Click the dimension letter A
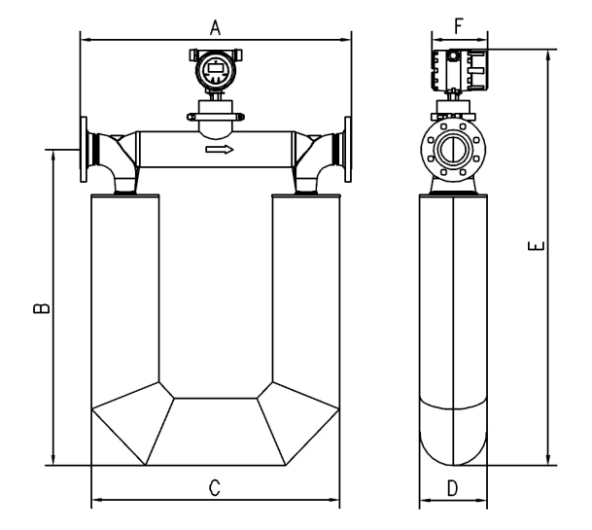[x=216, y=28]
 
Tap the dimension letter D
[x=452, y=488]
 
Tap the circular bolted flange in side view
[x=453, y=150]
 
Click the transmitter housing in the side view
[x=457, y=69]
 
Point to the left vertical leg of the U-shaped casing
[x=123, y=292]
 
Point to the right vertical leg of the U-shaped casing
[x=305, y=292]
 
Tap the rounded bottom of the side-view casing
[x=453, y=442]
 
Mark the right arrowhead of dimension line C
[x=336, y=504]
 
